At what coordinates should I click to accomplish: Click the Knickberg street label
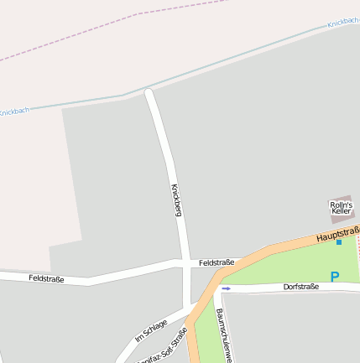176,199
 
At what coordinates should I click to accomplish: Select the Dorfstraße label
300,287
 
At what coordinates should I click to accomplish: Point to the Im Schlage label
151,330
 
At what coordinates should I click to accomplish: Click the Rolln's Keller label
341,207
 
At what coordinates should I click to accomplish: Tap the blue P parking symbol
335,276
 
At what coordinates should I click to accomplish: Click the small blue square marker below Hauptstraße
339,242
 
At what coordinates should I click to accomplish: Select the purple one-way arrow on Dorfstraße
225,288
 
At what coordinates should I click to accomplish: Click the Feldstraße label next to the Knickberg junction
217,262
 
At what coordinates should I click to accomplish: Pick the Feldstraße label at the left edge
46,277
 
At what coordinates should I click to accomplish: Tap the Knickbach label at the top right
343,23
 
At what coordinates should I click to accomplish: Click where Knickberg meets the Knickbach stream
149,90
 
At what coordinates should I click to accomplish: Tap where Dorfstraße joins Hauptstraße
217,288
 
